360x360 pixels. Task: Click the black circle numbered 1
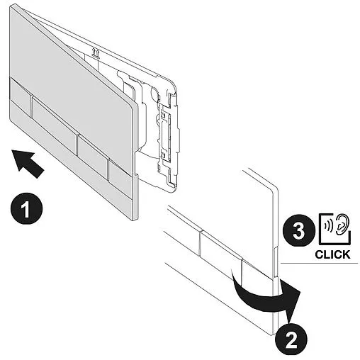[x=26, y=209]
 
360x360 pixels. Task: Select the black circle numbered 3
[x=298, y=230]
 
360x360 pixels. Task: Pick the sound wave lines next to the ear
[x=329, y=226]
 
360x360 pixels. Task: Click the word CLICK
[x=332, y=254]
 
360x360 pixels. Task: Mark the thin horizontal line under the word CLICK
[x=319, y=263]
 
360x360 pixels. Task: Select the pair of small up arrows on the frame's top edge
[x=96, y=53]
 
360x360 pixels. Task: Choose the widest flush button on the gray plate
[x=54, y=122]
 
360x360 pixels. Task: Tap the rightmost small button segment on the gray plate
[x=120, y=173]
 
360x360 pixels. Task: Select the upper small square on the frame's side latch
[x=163, y=116]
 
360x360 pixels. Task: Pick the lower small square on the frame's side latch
[x=163, y=154]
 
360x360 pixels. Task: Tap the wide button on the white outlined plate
[x=221, y=250]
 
